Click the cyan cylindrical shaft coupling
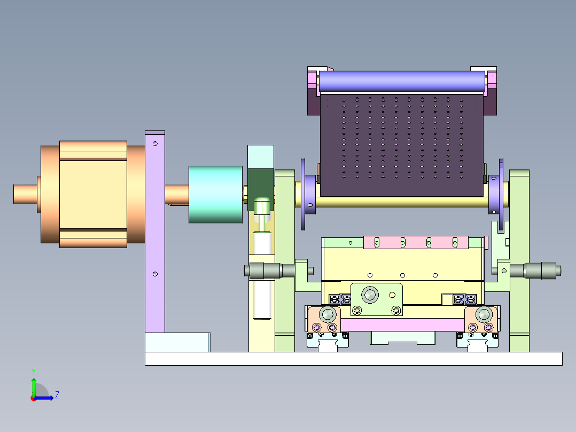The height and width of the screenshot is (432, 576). [x=216, y=195]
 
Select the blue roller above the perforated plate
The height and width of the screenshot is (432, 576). [x=402, y=81]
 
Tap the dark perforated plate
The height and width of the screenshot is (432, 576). [x=402, y=145]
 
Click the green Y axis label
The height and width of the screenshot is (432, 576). [x=34, y=372]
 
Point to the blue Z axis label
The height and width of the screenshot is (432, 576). [x=57, y=395]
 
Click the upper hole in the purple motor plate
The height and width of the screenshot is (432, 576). [x=155, y=143]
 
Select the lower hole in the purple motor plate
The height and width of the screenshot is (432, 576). [x=155, y=274]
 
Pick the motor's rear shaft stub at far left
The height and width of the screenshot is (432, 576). [x=25, y=194]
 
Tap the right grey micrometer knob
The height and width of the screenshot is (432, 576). [x=543, y=271]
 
